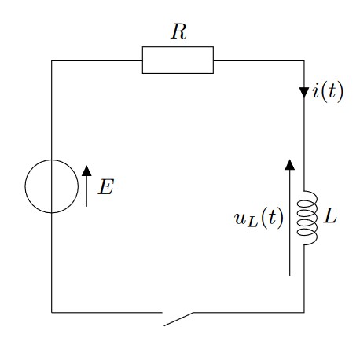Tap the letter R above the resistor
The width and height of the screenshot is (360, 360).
click(178, 31)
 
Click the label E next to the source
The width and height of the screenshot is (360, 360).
click(106, 187)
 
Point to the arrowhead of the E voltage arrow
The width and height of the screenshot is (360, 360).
click(86, 171)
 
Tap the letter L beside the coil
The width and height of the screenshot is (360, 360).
click(329, 217)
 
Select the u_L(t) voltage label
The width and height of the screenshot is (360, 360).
click(259, 218)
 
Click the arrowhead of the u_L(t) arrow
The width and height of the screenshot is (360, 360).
click(289, 165)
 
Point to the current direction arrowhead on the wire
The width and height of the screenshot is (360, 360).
click(304, 93)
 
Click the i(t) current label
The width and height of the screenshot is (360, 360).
click(328, 91)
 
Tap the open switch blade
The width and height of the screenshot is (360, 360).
click(178, 319)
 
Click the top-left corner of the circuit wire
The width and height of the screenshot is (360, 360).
click(52, 61)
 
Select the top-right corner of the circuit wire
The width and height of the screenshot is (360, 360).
click(304, 61)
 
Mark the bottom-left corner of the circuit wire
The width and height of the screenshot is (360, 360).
click(52, 312)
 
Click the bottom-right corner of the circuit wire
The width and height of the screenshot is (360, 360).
click(304, 312)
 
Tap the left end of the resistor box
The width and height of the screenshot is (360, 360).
click(142, 60)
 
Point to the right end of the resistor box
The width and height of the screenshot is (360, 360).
click(213, 60)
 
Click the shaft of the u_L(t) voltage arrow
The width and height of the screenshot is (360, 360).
click(289, 222)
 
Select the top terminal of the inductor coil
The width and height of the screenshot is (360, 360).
click(304, 191)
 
